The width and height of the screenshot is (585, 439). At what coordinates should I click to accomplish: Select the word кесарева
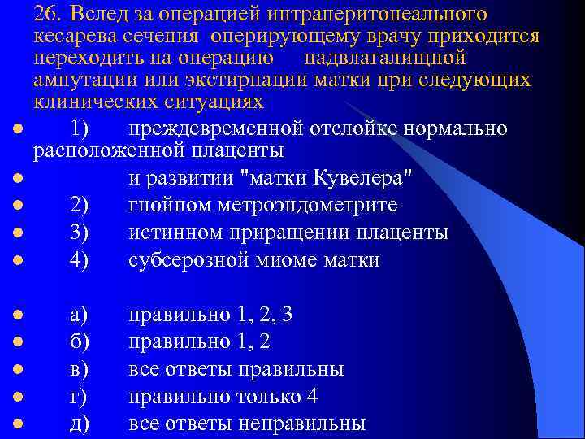[x=74, y=37]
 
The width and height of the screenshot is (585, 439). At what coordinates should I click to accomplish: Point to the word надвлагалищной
[x=384, y=59]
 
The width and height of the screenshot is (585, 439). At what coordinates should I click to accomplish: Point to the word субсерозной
[x=192, y=260]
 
